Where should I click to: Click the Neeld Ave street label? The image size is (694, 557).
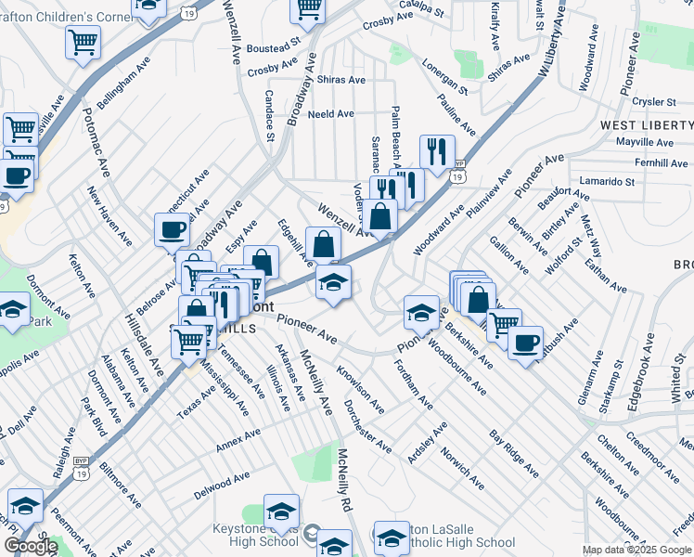[x=332, y=114]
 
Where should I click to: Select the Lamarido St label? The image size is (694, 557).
[x=604, y=181]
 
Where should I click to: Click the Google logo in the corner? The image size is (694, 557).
[x=31, y=546]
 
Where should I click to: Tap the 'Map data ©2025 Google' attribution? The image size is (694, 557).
[x=637, y=550]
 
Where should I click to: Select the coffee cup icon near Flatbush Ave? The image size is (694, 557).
[x=525, y=342]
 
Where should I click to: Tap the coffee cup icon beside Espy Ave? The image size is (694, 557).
[x=173, y=229]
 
